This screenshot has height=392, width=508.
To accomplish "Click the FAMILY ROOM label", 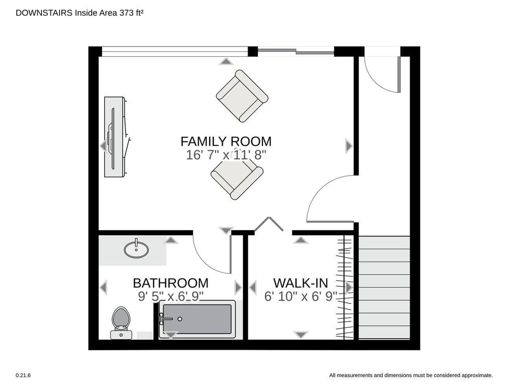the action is [226, 141].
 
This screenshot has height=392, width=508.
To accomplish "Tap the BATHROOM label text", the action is [171, 283].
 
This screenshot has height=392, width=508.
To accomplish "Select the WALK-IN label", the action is [301, 283].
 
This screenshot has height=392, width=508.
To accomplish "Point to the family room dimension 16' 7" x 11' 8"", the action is [226, 155].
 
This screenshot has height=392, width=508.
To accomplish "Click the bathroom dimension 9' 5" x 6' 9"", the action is [171, 296].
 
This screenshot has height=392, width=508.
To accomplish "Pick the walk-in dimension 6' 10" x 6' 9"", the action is [301, 296].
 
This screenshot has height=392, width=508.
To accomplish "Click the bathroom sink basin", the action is [136, 250].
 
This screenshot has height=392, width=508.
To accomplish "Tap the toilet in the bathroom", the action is [121, 323].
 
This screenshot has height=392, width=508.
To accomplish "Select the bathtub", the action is [197, 319].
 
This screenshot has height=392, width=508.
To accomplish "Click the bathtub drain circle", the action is [180, 319].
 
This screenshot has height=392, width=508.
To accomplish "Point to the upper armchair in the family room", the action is [242, 96].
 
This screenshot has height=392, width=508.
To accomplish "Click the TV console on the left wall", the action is [116, 137].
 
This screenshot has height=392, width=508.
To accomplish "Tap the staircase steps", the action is [384, 288].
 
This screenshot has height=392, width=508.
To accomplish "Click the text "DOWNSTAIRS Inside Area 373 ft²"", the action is [80, 13].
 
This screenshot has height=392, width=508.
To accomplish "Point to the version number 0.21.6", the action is [23, 375].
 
